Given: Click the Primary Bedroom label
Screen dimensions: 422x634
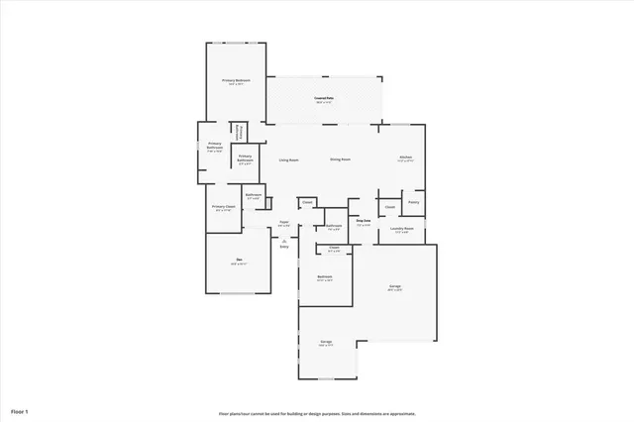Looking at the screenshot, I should (x=236, y=80).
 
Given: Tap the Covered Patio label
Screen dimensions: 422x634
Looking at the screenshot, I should (x=323, y=98).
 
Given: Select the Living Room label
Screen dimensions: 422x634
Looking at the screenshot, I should (x=288, y=159).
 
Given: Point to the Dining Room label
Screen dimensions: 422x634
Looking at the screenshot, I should (x=340, y=159).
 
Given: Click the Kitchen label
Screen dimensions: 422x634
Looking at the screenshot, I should (x=405, y=158).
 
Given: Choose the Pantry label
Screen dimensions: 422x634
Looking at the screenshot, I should (x=413, y=202).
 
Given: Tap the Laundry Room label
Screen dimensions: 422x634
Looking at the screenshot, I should (x=401, y=229).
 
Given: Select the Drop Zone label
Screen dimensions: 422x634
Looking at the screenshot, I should (x=364, y=221).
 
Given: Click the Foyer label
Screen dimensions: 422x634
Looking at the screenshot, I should (x=284, y=222).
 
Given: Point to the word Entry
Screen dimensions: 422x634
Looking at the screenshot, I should (x=284, y=247).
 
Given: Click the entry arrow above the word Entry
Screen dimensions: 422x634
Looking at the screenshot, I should (x=284, y=240).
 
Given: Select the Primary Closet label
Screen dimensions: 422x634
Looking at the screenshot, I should (x=224, y=207).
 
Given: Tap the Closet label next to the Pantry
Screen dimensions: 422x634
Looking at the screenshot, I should (x=390, y=206).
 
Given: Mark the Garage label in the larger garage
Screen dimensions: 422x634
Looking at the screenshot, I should (x=394, y=286).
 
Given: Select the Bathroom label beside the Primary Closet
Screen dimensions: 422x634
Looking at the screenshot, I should (x=254, y=195).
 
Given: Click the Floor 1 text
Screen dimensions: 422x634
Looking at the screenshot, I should (x=20, y=410).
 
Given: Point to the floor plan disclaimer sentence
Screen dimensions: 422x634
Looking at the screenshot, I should (x=317, y=414).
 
